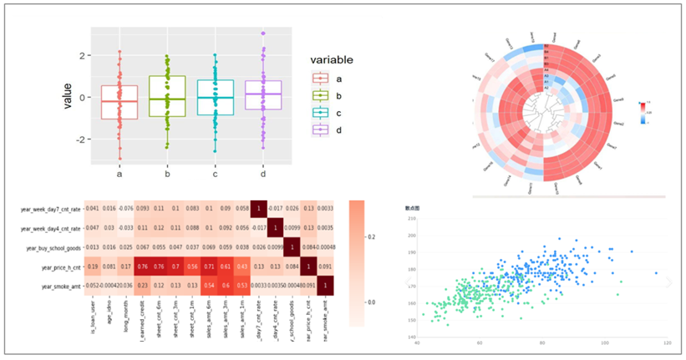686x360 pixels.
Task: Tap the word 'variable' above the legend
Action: (x=332, y=60)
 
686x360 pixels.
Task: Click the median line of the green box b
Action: (x=167, y=99)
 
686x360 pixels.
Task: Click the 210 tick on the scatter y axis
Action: (x=411, y=219)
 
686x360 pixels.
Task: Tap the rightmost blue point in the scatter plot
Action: (x=656, y=272)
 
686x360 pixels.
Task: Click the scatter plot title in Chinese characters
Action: (x=412, y=206)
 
